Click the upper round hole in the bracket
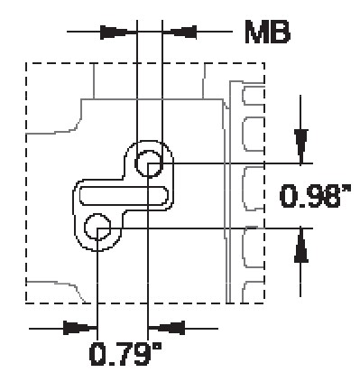click(x=148, y=163)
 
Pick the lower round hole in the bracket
click(x=97, y=226)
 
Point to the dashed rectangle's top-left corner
click(x=25, y=64)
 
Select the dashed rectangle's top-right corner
click(x=263, y=64)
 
